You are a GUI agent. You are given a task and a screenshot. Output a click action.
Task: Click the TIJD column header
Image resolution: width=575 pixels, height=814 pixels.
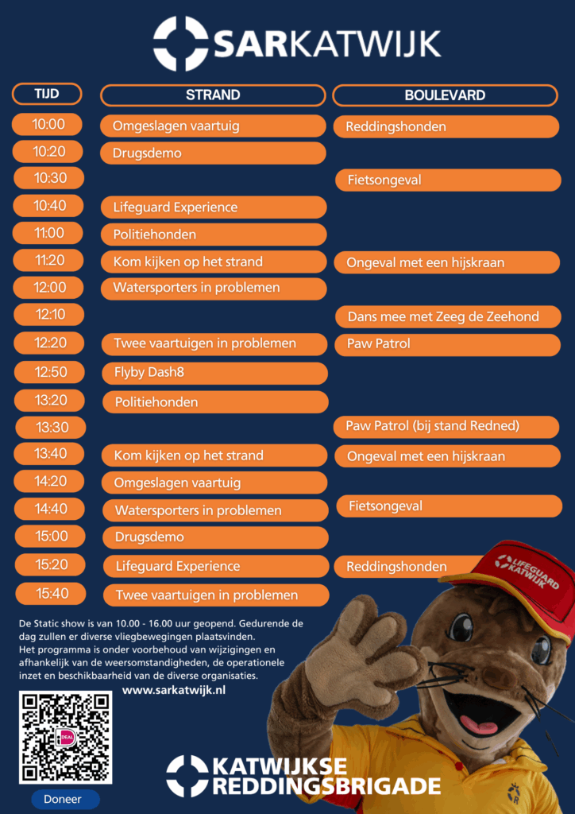click(x=47, y=94)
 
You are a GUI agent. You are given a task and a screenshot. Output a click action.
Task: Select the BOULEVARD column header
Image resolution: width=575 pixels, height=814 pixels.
click(x=445, y=95)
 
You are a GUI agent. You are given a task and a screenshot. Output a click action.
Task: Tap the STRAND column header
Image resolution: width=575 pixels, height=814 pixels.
click(x=213, y=95)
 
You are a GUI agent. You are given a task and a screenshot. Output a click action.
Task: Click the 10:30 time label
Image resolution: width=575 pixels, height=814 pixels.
click(x=49, y=178)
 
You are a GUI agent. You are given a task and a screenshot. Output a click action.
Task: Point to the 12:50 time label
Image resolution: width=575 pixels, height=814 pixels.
click(x=50, y=372)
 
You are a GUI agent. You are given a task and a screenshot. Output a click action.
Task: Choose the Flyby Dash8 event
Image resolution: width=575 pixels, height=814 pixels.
click(x=214, y=373)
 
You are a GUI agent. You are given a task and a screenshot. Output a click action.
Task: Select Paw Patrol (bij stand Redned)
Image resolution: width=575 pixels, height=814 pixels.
click(x=446, y=427)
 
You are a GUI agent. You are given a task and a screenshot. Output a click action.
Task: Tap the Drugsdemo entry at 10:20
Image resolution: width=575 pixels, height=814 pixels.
click(x=213, y=153)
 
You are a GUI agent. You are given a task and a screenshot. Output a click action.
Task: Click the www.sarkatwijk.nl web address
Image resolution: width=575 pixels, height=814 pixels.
click(x=174, y=690)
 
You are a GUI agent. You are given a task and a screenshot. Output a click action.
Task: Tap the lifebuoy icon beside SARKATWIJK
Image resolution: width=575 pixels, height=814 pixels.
click(x=180, y=44)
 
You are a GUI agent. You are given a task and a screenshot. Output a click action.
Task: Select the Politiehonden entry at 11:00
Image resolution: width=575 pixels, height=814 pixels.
click(x=214, y=235)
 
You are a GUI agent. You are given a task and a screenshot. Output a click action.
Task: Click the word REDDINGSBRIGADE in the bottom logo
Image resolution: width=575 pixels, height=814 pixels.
click(x=326, y=786)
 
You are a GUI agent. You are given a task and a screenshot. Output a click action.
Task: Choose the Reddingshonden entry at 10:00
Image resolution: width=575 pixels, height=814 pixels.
click(x=446, y=126)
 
